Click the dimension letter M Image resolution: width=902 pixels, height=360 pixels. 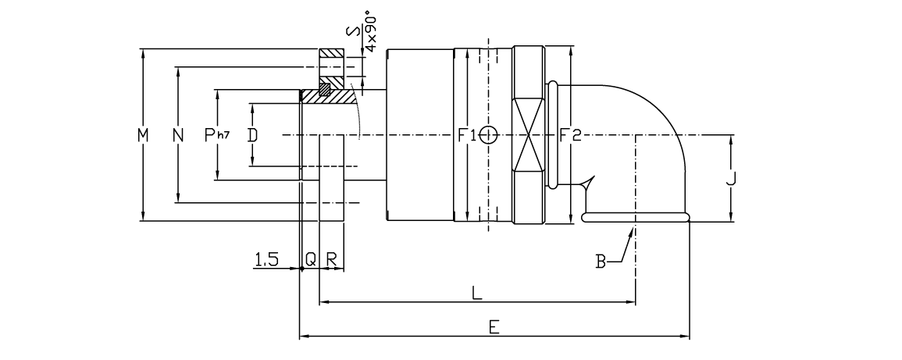coord(142,135)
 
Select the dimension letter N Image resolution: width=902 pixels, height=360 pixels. coord(179,135)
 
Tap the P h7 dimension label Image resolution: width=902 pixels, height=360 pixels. coord(216,135)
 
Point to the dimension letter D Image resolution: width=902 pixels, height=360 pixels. coord(251,135)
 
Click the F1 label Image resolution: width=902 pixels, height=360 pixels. coord(467,135)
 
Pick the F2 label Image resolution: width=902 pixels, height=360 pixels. coord(571,135)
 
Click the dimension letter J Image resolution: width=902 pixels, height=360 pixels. coord(731,180)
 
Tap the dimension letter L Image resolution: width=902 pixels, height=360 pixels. coord(477,293)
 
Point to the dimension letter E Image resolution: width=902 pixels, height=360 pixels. coord(494,328)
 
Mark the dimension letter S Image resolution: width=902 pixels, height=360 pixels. coord(353,32)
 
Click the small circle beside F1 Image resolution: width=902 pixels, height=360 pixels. coord(488,135)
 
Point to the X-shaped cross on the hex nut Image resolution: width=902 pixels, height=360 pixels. coord(529,135)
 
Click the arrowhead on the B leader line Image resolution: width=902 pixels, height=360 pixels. coord(630,230)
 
